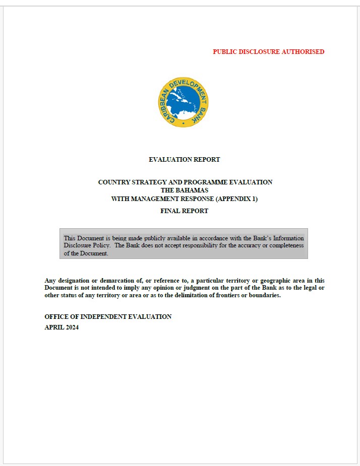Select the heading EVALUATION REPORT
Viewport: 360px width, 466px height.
point(184,160)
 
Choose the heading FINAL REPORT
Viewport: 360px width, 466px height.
point(184,211)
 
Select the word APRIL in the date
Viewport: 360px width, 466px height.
point(53,327)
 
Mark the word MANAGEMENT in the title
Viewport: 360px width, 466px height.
point(155,199)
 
